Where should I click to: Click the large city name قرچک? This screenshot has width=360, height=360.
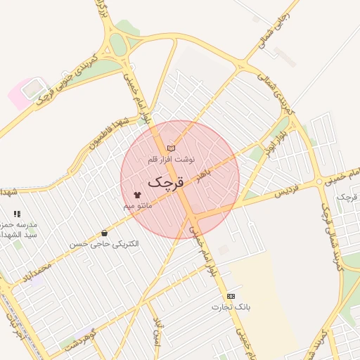click(x=166, y=182)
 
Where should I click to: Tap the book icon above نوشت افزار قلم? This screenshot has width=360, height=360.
click(x=171, y=148)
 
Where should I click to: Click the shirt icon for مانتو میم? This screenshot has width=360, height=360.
click(x=136, y=195)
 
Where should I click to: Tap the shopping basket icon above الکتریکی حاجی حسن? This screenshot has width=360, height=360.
click(x=104, y=233)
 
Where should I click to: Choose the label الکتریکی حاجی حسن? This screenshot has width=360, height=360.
click(x=104, y=244)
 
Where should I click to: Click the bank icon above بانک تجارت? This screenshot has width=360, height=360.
click(x=231, y=297)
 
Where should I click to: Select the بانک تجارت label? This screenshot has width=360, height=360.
click(x=231, y=307)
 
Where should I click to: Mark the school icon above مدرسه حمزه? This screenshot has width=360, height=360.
click(x=17, y=213)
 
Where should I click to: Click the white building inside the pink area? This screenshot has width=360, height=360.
click(x=32, y=89)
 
